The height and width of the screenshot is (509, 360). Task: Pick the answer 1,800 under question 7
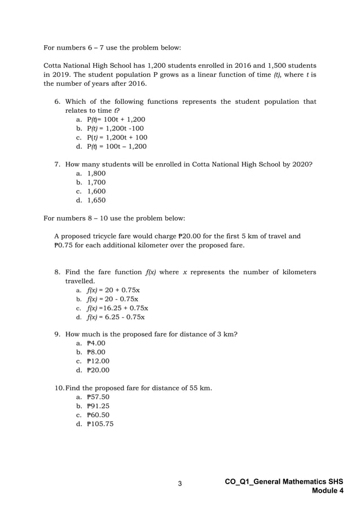pyautogui.click(x=96, y=174)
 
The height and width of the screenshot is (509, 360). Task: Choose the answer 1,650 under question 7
pyautogui.click(x=96, y=200)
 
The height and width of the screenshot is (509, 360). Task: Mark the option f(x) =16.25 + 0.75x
pyautogui.click(x=117, y=308)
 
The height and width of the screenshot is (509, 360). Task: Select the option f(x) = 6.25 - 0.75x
pyautogui.click(x=116, y=317)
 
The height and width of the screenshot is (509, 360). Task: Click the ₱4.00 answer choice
pyautogui.click(x=96, y=343)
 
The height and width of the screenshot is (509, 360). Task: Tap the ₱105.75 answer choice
pyautogui.click(x=100, y=423)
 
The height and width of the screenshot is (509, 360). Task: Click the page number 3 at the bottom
pyautogui.click(x=180, y=484)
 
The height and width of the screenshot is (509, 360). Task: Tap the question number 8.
pyautogui.click(x=57, y=272)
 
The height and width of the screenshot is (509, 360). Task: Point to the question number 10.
pyautogui.click(x=59, y=388)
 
